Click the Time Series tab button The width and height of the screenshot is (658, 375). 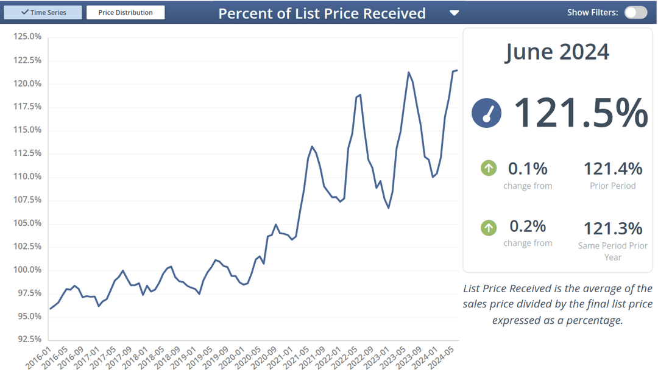43,12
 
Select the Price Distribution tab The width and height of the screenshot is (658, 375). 126,12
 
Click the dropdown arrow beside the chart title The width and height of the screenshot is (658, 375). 454,13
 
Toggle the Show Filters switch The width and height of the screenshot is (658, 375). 635,12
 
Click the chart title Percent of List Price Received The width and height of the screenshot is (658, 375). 322,13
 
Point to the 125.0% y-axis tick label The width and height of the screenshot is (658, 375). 27,37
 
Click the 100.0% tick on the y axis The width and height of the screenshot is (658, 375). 27,270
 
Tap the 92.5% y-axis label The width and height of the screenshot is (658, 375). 29,339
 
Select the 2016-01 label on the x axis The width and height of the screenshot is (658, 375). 38,357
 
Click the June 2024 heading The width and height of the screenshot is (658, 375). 557,52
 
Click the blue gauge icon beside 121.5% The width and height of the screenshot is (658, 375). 486,113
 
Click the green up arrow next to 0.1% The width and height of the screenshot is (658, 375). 489,168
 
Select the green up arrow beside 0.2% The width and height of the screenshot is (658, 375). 489,228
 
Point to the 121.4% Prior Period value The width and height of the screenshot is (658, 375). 613,169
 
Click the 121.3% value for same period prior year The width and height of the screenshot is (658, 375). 613,229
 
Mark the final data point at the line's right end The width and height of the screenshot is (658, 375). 458,71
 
